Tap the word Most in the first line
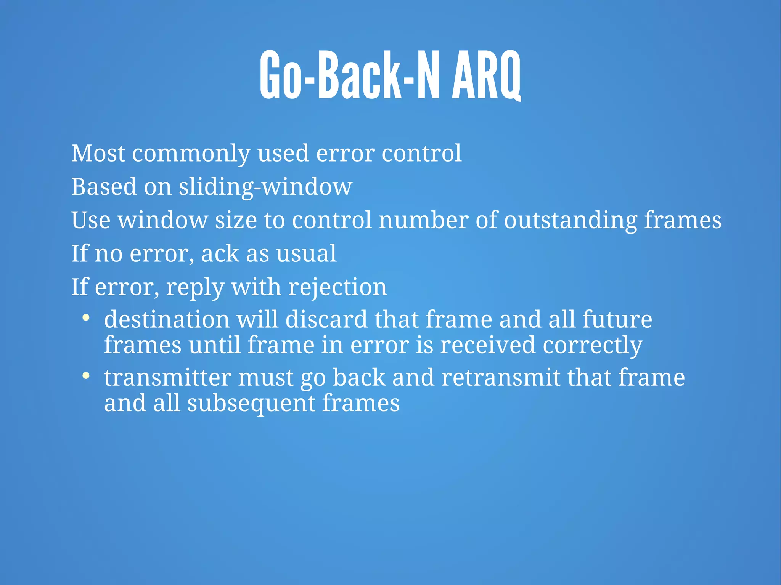point(98,153)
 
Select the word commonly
point(191,154)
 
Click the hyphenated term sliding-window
point(265,187)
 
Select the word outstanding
point(570,221)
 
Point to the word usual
point(306,253)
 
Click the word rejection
point(337,287)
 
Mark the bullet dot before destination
point(86,317)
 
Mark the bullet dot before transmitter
point(86,376)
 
